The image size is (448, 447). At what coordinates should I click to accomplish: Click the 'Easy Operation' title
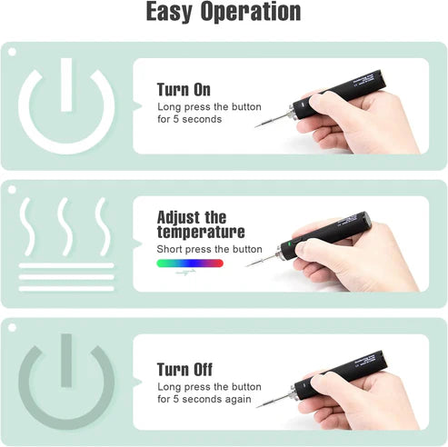[224, 12]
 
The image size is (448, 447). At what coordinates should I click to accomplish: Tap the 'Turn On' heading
[184, 90]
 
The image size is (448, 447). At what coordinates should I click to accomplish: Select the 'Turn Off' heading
[184, 370]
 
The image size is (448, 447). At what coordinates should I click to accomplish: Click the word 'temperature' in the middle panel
[201, 232]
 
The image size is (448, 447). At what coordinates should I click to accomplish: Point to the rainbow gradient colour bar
[190, 263]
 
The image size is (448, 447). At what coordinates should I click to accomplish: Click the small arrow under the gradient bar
[185, 273]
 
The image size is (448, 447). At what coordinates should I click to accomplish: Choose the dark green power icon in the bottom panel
[66, 382]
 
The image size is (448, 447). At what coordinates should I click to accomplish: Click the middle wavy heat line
[65, 226]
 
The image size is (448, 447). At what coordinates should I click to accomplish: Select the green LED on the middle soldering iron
[289, 243]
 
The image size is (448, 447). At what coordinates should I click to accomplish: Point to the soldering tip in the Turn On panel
[272, 120]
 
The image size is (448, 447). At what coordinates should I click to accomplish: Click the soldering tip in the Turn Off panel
[274, 401]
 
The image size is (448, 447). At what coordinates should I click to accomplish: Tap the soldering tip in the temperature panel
[262, 260]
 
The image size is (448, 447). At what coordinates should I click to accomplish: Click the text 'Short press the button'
[209, 249]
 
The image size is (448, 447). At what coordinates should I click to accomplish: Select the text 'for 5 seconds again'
[204, 399]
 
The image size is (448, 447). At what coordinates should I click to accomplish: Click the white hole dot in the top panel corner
[12, 52]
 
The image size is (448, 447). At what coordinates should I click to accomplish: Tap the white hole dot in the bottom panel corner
[12, 328]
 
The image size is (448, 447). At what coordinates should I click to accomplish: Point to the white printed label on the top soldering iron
[363, 81]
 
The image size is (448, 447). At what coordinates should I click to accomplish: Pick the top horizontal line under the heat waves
[66, 265]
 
